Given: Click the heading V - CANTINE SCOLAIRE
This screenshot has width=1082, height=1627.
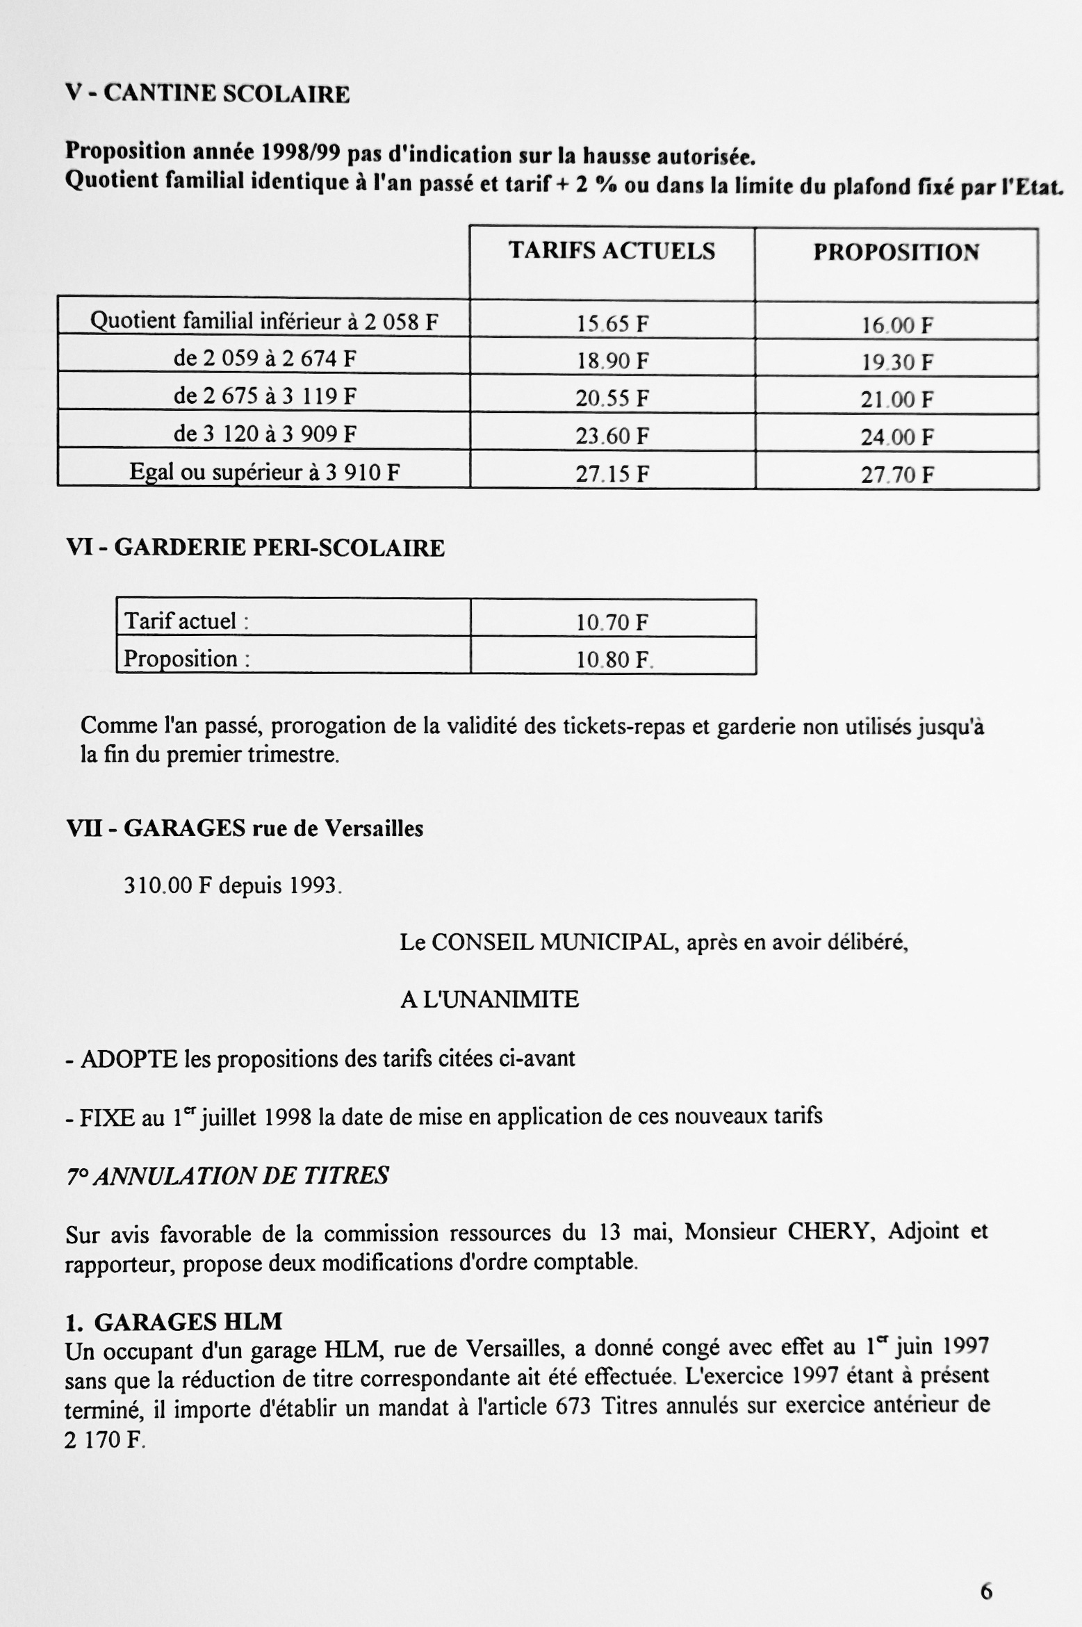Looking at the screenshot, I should [x=207, y=94].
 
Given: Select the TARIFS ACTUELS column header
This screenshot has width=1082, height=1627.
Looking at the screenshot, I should [x=612, y=251].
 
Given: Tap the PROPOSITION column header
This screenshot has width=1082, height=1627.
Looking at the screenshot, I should [x=896, y=252].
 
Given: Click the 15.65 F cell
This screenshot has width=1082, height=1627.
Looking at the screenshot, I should [x=612, y=324].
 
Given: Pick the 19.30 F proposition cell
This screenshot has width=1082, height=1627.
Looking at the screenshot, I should [x=897, y=363].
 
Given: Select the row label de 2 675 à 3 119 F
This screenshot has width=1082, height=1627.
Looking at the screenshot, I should [x=264, y=396].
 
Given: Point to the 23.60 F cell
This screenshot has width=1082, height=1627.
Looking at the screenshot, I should [x=612, y=436].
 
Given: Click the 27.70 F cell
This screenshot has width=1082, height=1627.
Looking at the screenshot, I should [x=897, y=475].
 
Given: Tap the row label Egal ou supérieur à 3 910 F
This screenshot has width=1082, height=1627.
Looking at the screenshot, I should [x=264, y=473].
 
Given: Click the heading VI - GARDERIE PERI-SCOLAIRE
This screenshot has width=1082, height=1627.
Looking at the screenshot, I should [x=255, y=548].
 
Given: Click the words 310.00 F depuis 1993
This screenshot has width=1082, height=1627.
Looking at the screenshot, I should [x=233, y=886].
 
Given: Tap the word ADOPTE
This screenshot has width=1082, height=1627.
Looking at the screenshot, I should [x=129, y=1059].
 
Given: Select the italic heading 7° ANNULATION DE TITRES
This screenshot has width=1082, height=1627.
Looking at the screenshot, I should [x=227, y=1176].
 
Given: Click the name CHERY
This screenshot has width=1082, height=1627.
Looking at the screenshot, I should [x=828, y=1232].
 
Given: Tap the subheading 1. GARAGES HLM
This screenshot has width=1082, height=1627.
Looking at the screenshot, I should [x=174, y=1321].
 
